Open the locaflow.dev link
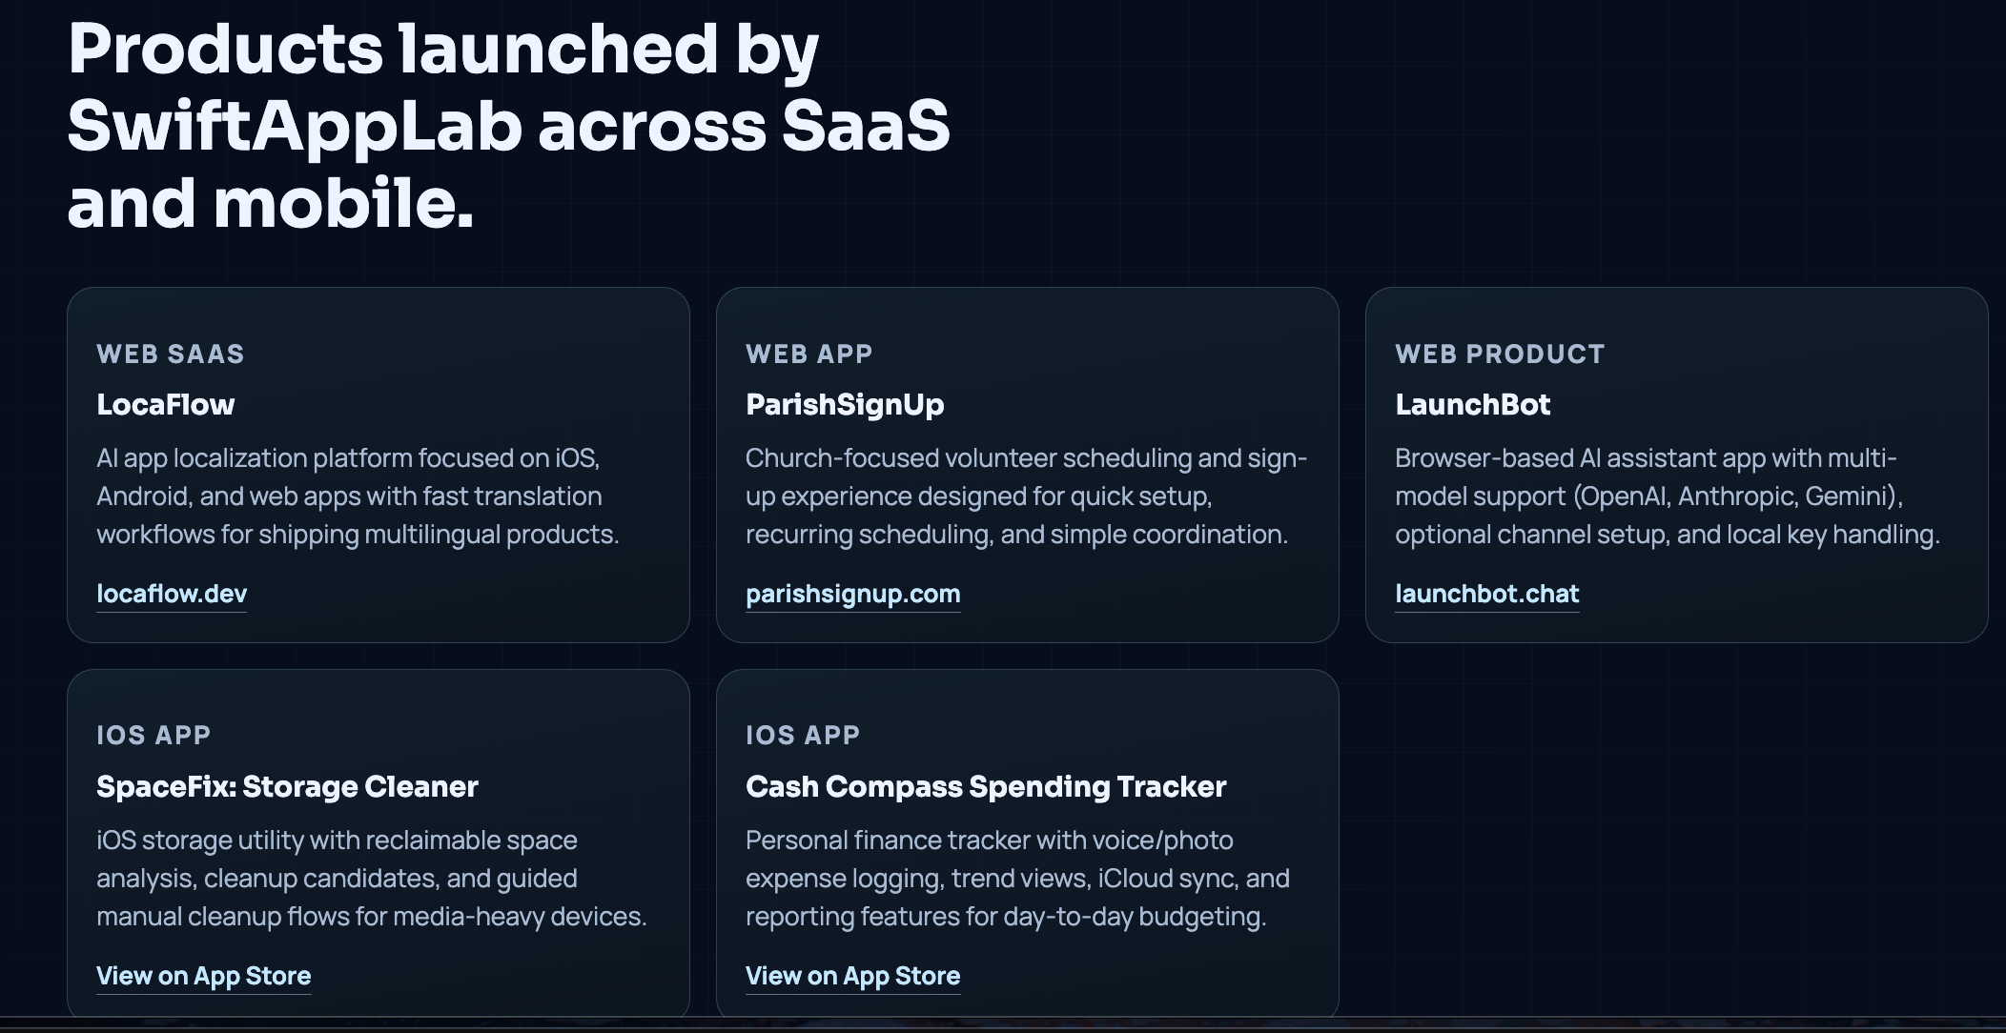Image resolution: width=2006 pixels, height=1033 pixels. coord(172,594)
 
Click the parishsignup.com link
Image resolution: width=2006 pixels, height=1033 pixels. coord(852,594)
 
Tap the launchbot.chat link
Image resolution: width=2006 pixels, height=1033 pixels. coord(1486,594)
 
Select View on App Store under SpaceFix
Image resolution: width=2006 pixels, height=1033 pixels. coord(203,976)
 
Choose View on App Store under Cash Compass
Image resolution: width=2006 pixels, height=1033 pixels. coord(852,976)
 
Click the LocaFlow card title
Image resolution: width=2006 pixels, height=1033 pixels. coord(165,404)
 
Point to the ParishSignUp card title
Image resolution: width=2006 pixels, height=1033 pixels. coord(845,404)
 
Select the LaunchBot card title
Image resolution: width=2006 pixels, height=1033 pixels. coord(1472,404)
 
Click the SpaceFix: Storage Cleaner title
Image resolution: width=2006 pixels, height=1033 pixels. coord(287,786)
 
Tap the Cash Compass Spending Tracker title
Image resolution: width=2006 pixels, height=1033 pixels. coord(986,786)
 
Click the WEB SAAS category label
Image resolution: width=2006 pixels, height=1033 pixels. coord(171,354)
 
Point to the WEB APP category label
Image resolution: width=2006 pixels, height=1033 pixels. coord(809,354)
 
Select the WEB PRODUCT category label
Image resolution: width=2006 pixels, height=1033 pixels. coord(1500,354)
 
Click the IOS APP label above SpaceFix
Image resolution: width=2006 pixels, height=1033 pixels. coord(154,735)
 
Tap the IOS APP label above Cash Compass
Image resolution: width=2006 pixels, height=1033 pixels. coord(803,735)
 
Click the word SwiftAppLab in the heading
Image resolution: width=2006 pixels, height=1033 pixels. coord(294,127)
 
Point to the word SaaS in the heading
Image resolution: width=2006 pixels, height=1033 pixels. coord(866,127)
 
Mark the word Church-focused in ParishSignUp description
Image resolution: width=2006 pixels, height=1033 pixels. coord(842,458)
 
